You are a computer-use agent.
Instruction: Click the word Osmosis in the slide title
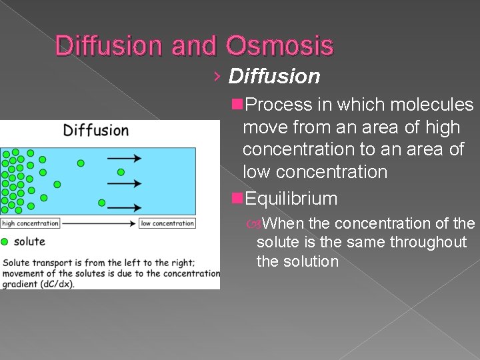(279, 45)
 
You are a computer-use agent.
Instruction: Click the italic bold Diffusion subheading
(274, 77)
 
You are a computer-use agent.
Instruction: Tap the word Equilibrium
(291, 199)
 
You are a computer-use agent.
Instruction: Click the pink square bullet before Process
(237, 105)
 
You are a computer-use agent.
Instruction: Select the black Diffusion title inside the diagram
(96, 130)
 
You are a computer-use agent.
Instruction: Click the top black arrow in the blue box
(125, 158)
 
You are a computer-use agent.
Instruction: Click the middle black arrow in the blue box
(125, 183)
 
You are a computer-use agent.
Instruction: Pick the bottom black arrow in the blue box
(125, 207)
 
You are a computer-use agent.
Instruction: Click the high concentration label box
(30, 223)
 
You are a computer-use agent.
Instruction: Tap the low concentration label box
(167, 223)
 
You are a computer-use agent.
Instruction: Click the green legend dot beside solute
(5, 241)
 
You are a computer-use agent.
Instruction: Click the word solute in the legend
(29, 241)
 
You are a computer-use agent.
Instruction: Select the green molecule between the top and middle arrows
(121, 172)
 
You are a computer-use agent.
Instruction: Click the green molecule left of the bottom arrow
(101, 203)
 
